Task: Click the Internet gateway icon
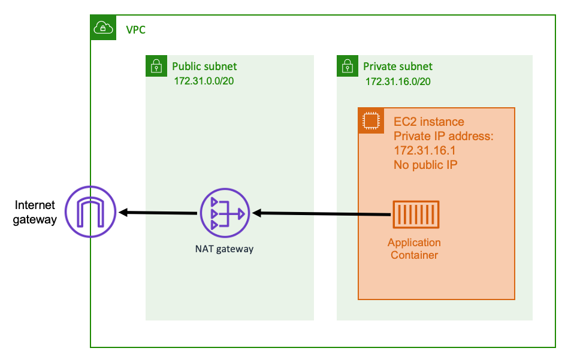[x=90, y=212]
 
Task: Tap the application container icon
[x=415, y=214]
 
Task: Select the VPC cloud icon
[x=103, y=28]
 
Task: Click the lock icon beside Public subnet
[x=156, y=66]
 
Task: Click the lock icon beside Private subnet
[x=347, y=66]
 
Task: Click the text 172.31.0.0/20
[x=204, y=81]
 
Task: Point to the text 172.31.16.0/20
[x=398, y=81]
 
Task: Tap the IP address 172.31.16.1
[x=425, y=150]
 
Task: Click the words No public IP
[x=426, y=164]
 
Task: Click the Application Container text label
[x=414, y=249]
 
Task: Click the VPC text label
[x=135, y=29]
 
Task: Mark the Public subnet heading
[x=204, y=66]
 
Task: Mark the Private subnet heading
[x=397, y=66]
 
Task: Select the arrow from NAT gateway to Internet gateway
[x=159, y=213]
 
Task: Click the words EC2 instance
[x=428, y=122]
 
